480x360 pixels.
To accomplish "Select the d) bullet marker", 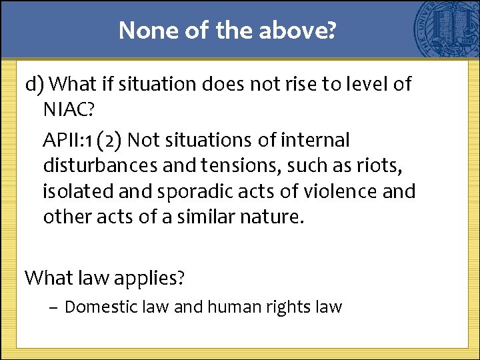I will tap(35, 85).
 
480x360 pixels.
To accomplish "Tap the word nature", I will tap(273, 217).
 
